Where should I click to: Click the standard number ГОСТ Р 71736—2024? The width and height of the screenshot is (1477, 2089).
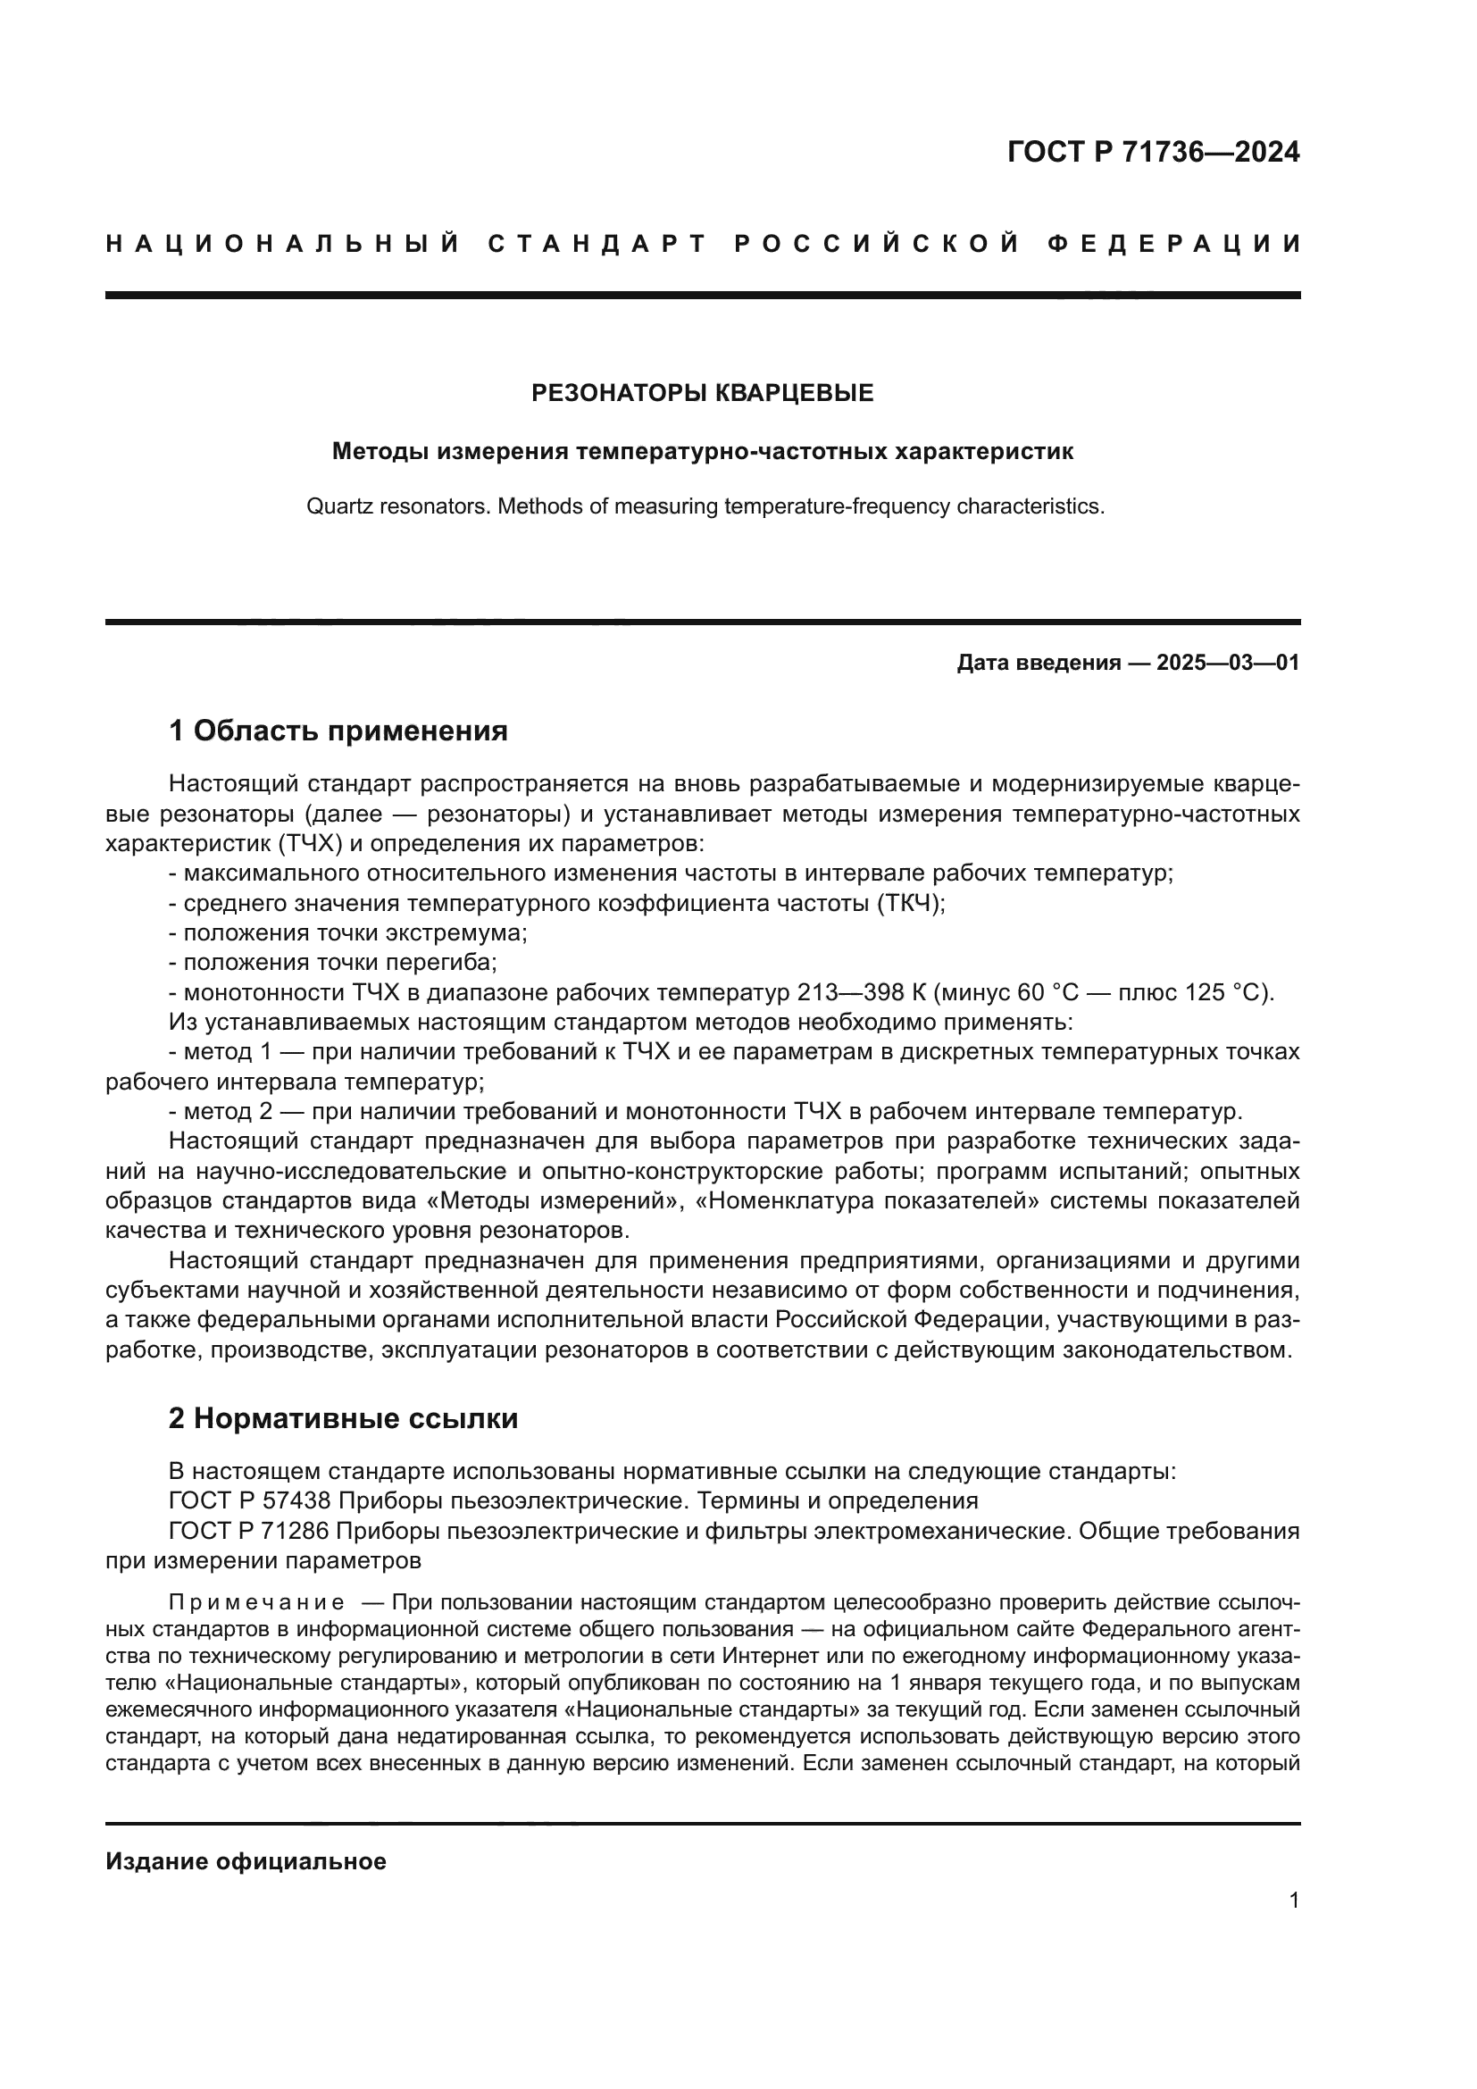point(1153,152)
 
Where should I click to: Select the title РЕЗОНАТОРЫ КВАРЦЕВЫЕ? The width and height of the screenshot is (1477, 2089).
point(702,393)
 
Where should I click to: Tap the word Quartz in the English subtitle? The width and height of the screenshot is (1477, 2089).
point(334,506)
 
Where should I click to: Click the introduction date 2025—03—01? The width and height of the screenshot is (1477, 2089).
point(1228,663)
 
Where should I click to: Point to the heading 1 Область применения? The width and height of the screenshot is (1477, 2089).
point(338,731)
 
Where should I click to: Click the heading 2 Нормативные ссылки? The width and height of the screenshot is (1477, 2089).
point(343,1418)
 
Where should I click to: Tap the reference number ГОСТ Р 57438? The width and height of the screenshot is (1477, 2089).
point(249,1500)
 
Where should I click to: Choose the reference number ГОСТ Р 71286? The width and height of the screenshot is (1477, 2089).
point(249,1531)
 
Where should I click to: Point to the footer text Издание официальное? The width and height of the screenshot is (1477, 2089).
point(246,1861)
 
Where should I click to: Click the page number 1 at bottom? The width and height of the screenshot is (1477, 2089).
point(1294,1901)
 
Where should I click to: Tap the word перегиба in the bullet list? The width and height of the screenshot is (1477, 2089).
point(442,963)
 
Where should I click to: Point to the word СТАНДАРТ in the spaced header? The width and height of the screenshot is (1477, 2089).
point(597,244)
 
